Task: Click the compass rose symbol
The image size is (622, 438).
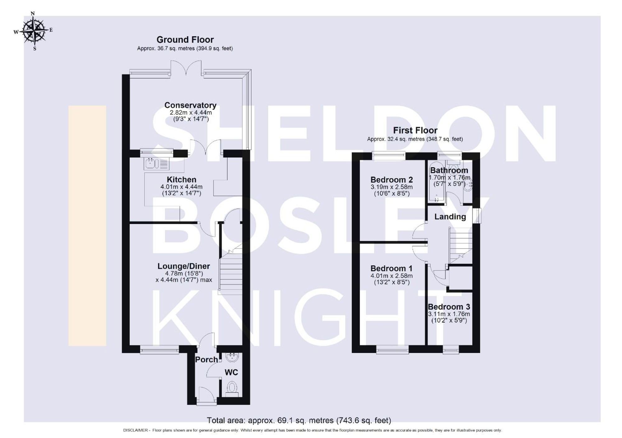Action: (x=34, y=30)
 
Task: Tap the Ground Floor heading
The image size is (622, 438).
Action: (x=185, y=40)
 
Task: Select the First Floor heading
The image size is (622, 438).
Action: (x=415, y=130)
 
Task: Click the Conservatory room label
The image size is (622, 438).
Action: (x=190, y=105)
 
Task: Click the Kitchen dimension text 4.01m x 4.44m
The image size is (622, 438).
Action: (x=181, y=187)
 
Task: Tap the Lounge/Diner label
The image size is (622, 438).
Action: (x=183, y=266)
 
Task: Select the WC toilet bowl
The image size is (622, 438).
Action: (x=232, y=388)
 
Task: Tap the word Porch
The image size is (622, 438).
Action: (x=206, y=360)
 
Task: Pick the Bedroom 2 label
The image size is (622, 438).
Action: (x=392, y=180)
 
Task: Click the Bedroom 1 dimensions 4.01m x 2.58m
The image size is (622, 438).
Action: (x=392, y=276)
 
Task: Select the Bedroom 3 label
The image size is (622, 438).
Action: (x=449, y=307)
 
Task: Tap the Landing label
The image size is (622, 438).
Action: (x=450, y=217)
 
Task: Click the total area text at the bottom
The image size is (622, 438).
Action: (x=299, y=420)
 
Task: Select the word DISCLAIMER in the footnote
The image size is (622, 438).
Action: (x=135, y=430)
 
